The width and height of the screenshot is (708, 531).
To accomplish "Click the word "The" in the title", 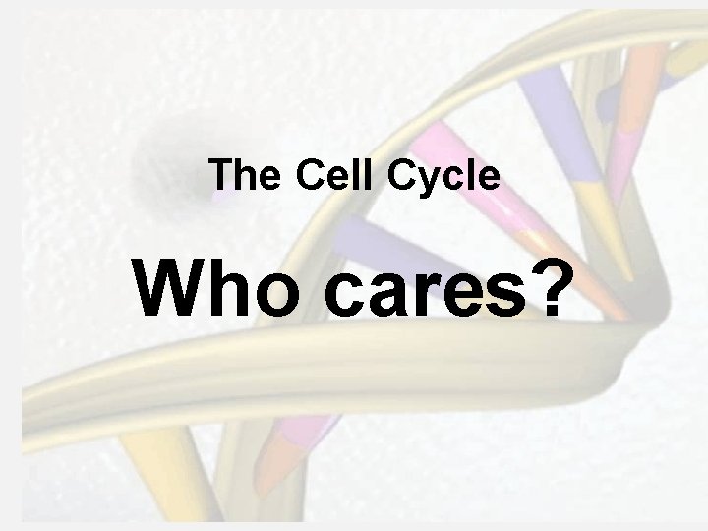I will (236, 176).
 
